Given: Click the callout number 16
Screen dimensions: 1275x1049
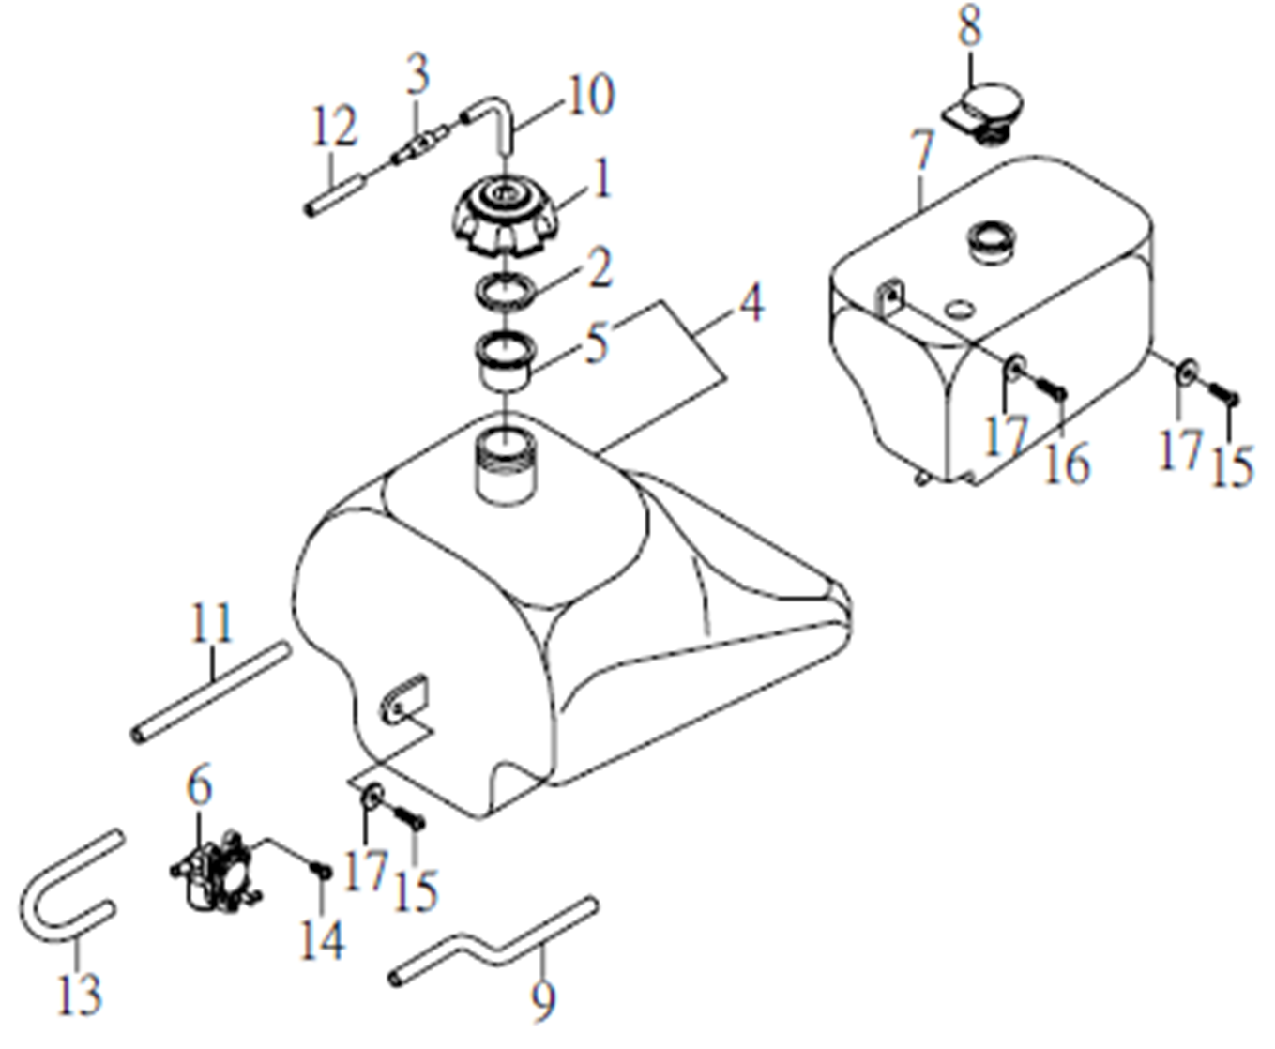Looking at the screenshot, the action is point(1067,462).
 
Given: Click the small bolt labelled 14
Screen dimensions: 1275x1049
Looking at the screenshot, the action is point(320,871).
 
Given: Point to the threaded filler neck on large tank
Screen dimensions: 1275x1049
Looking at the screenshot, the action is point(506,466).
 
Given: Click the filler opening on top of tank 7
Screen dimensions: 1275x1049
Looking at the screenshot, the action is point(994,240).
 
